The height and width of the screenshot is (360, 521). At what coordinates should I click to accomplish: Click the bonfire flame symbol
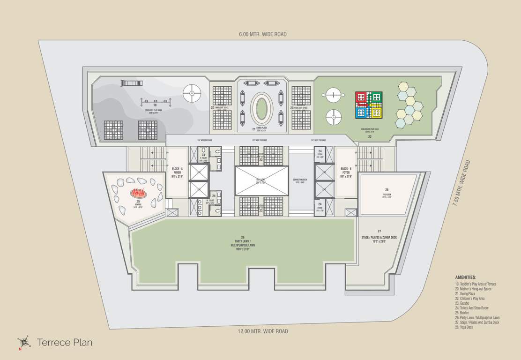pyautogui.click(x=138, y=192)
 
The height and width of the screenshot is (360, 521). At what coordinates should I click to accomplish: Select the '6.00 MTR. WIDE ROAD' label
pyautogui.click(x=262, y=34)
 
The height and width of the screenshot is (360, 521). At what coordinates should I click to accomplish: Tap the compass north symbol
pyautogui.click(x=23, y=342)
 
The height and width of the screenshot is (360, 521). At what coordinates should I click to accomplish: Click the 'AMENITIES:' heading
pyautogui.click(x=466, y=277)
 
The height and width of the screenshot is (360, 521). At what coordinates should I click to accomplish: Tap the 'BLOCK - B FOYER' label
pyautogui.click(x=346, y=172)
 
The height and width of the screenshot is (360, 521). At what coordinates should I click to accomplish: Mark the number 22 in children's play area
pyautogui.click(x=370, y=137)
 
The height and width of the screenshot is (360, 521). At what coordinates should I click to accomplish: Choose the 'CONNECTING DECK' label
pyautogui.click(x=300, y=181)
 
